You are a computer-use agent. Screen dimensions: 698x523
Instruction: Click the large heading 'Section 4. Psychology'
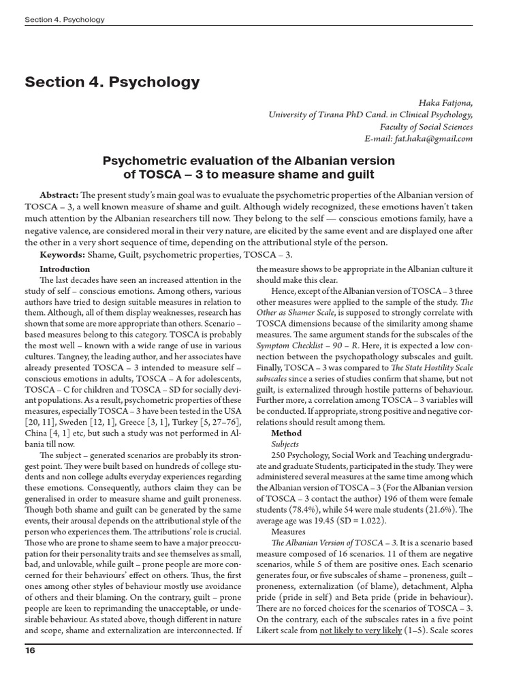click(112, 82)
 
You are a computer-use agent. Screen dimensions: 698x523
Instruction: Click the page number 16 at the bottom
click(31, 650)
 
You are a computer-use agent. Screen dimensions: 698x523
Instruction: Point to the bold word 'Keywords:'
click(62, 254)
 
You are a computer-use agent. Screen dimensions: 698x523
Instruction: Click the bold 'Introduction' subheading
click(65, 269)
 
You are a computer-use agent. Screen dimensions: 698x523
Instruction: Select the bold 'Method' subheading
click(286, 433)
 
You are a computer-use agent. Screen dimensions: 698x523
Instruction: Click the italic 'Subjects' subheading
click(285, 443)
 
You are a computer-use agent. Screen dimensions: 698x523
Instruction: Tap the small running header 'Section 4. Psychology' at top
click(65, 20)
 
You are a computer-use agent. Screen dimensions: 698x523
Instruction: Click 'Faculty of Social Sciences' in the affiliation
click(426, 126)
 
